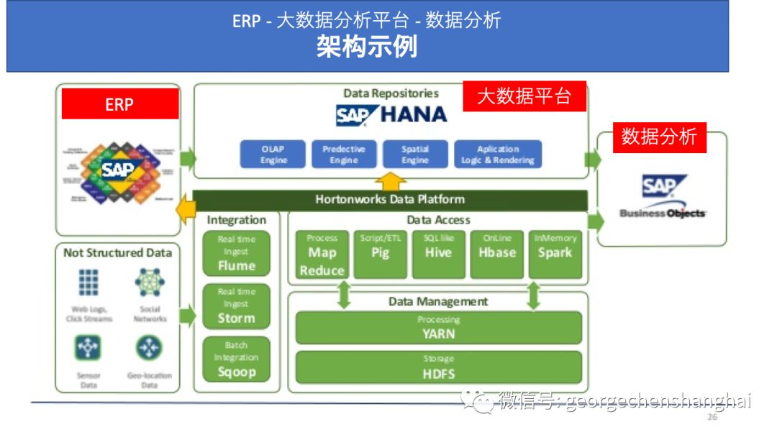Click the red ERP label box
[119, 104]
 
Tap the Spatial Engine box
[414, 155]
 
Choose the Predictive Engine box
[343, 155]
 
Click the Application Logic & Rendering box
[498, 155]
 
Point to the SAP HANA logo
[391, 114]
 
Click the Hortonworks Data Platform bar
[390, 199]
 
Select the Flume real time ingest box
[236, 253]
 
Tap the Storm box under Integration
[236, 305]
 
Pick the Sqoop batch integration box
[236, 359]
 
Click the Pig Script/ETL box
[380, 254]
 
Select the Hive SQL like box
[438, 254]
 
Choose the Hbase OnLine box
[497, 254]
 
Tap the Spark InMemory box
[555, 254]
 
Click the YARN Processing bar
[438, 328]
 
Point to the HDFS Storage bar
[438, 367]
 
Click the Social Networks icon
[150, 283]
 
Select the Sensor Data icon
[88, 348]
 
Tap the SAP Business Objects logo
[663, 196]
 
